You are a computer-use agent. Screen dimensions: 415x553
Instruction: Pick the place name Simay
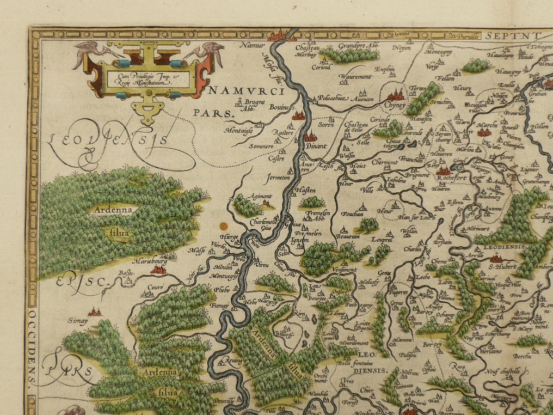coord(78,320)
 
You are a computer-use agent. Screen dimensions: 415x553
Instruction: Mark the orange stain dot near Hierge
coord(222,225)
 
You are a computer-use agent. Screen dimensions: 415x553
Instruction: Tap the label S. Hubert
coord(501,266)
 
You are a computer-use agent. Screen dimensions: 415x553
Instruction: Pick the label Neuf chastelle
coord(502,371)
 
